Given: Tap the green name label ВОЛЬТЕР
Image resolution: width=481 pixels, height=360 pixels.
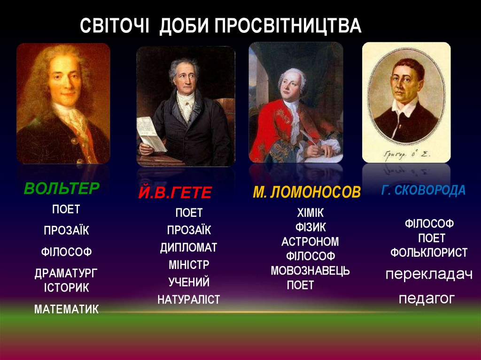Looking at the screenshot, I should click(62, 188).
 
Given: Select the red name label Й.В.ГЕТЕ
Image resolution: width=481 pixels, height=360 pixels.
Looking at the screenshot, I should click(175, 192).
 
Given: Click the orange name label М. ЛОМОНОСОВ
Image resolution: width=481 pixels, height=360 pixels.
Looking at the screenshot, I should click(307, 192).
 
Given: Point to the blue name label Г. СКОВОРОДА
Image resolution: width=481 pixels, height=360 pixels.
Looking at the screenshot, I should click(423, 190).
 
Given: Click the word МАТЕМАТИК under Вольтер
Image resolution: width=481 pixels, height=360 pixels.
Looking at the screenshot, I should click(66, 309).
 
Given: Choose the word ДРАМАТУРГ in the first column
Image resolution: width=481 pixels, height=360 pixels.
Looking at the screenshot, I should click(66, 274).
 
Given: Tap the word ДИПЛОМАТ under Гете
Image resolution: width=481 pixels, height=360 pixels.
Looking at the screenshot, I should click(188, 247).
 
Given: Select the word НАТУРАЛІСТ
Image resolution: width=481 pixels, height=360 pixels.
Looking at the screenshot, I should click(188, 299).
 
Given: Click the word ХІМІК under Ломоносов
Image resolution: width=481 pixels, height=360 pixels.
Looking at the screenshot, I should click(310, 213).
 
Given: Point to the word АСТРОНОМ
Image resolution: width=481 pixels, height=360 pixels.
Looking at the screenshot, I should click(310, 242).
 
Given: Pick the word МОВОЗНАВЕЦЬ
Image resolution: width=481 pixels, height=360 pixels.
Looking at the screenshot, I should click(310, 271).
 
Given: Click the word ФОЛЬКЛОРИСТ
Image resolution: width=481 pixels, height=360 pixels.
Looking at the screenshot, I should click(429, 253).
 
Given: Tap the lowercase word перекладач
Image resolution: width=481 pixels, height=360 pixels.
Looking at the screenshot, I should click(429, 275).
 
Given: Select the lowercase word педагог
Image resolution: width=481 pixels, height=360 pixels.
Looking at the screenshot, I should click(427, 299).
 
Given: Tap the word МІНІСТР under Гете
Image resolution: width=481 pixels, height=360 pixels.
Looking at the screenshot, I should click(189, 265).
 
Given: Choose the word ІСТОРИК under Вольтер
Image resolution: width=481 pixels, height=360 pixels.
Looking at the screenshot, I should click(66, 287).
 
